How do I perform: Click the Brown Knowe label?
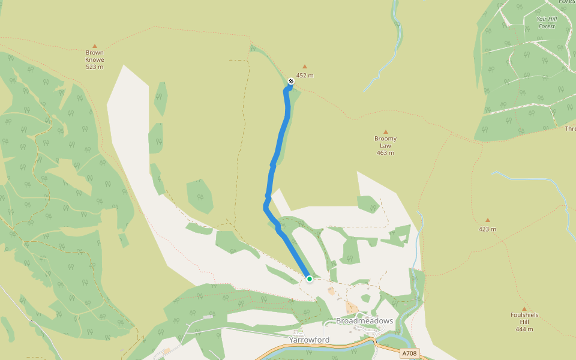point(94,56)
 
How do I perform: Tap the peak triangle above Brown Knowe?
point(94,46)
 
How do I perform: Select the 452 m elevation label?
point(305,76)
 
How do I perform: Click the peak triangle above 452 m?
point(305,67)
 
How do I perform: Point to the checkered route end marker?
point(291,80)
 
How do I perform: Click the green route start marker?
point(309,278)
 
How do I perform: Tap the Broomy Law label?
point(385,142)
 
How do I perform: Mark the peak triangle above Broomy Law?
point(385,132)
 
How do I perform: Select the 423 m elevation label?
point(487,229)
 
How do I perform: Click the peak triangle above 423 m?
point(487,220)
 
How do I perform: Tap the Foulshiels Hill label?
point(524,318)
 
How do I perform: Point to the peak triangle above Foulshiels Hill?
point(524,309)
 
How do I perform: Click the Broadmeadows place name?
point(364,321)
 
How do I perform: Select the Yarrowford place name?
point(309,340)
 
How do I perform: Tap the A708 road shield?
point(410,353)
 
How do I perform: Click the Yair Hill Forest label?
point(547,22)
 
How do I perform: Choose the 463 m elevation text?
point(385,153)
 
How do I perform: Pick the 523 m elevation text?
point(94,67)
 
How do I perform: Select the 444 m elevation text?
point(524,329)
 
